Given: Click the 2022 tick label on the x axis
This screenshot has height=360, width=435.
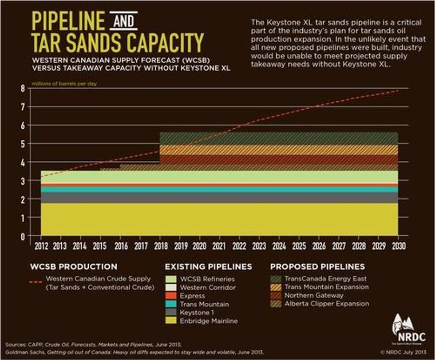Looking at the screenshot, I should click(x=239, y=245).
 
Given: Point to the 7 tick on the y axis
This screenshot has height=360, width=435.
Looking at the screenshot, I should click(x=22, y=107).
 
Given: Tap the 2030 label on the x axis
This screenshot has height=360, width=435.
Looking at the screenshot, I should click(x=399, y=245).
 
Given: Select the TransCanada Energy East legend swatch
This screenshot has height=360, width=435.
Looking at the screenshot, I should click(x=277, y=279).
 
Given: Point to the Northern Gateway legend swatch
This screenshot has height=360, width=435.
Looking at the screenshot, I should click(x=277, y=295).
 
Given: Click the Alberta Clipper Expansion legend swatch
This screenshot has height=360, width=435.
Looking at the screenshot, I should click(x=277, y=304).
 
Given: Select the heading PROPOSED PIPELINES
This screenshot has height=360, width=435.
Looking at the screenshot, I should click(x=317, y=267).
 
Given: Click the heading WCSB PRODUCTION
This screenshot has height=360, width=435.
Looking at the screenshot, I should click(x=73, y=267).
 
